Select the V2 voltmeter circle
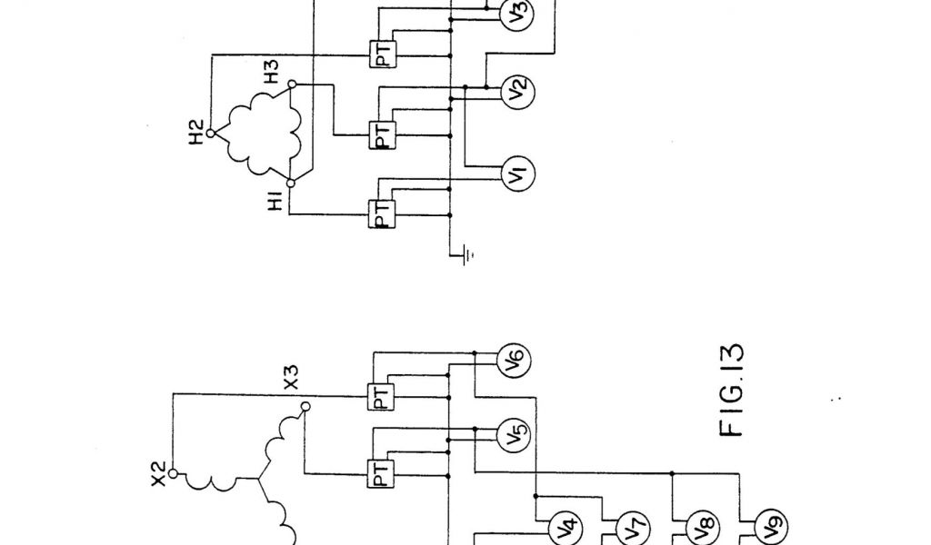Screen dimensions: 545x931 click(x=518, y=91)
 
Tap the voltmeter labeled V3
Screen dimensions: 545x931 click(x=518, y=14)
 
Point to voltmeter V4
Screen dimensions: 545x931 click(x=566, y=526)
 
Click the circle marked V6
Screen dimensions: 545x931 click(x=514, y=363)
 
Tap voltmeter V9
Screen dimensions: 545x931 click(x=761, y=526)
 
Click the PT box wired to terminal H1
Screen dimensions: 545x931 click(x=381, y=214)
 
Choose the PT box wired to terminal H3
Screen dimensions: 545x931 click(x=381, y=135)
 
